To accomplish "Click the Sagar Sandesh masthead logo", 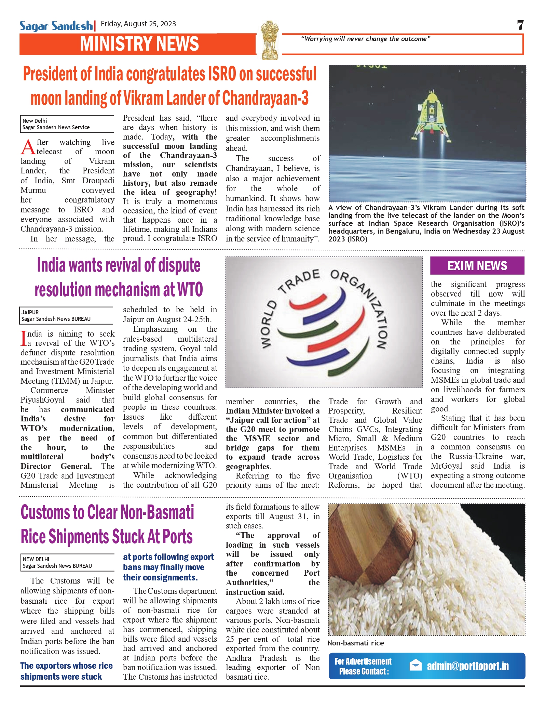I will [x=56, y=26].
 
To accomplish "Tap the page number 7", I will [x=520, y=25].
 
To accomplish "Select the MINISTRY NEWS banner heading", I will [x=139, y=44].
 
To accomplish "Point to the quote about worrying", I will [x=365, y=39].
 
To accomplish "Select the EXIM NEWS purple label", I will [x=477, y=266].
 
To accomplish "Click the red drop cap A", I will [x=28, y=147].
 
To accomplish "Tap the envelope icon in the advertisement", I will [x=415, y=665].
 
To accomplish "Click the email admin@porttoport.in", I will [x=467, y=666].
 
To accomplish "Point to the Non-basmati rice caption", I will [x=355, y=643].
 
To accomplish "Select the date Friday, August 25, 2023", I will [x=138, y=24].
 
